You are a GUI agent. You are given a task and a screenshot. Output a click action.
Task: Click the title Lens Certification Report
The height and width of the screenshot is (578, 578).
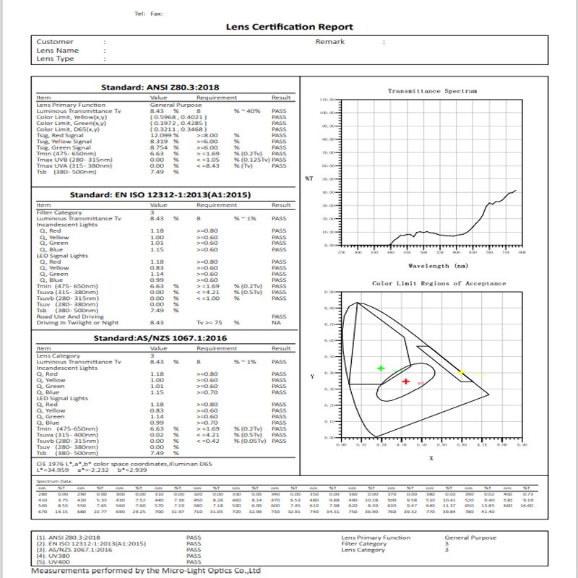click(280, 27)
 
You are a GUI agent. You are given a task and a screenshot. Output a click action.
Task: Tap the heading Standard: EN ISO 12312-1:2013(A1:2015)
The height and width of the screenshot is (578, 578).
click(160, 195)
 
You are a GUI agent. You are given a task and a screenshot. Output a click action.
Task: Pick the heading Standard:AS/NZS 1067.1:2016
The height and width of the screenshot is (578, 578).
click(160, 337)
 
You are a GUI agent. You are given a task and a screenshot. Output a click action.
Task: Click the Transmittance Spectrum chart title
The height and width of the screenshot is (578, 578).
click(432, 91)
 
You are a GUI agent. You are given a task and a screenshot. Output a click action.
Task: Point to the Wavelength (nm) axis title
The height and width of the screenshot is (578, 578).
click(433, 266)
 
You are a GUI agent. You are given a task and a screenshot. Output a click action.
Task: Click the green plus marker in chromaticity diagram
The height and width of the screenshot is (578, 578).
click(381, 368)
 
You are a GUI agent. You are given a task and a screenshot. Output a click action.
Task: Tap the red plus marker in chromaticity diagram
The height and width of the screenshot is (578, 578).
click(406, 381)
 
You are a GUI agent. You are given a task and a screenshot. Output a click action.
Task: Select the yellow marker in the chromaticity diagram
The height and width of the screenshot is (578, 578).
click(462, 373)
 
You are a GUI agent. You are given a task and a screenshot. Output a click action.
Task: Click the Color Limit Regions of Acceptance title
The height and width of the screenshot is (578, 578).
click(439, 283)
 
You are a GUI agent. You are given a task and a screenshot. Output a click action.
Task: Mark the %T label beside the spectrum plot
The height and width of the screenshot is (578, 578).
click(309, 178)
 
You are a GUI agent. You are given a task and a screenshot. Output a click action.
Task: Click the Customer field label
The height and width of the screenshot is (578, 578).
click(55, 42)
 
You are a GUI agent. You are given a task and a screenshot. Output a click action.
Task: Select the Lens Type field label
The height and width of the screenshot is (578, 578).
click(56, 59)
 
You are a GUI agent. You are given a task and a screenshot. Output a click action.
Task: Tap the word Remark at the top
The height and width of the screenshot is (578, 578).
click(330, 42)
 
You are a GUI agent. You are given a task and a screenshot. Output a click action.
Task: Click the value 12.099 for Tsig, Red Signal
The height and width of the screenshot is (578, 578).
click(160, 135)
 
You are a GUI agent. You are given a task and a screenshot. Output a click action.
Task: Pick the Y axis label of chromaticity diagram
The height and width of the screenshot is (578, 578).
click(312, 377)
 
